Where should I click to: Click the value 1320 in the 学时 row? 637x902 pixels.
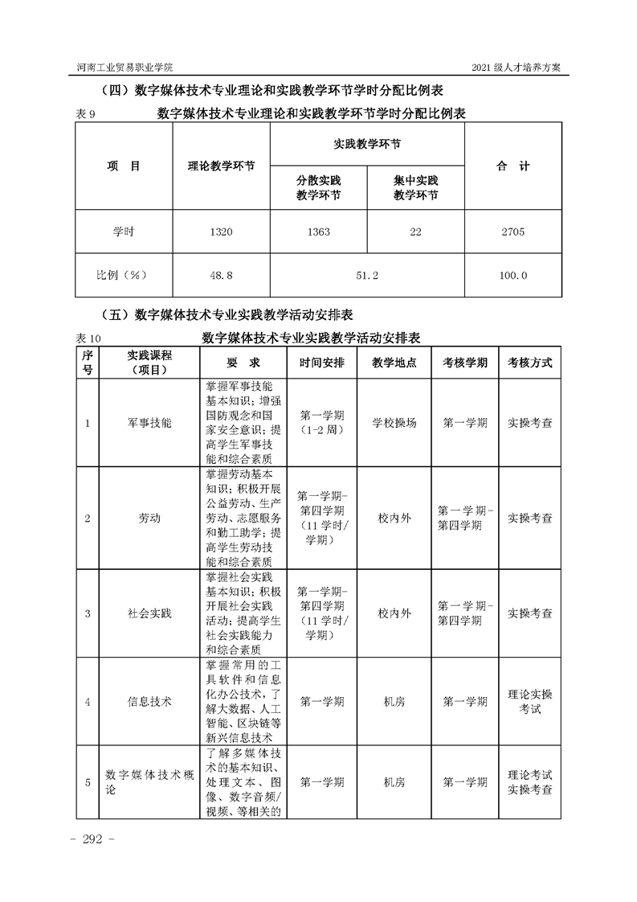tap(221, 232)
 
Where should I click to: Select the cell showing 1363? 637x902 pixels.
tap(318, 232)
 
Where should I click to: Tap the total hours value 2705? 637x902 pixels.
tap(512, 232)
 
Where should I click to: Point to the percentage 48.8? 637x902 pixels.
tap(221, 276)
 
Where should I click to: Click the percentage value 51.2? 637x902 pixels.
tap(367, 276)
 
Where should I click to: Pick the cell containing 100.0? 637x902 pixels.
tap(512, 276)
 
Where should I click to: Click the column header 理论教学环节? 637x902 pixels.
tap(221, 166)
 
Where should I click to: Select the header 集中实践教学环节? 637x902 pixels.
tap(415, 188)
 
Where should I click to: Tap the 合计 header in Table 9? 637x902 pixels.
tap(512, 166)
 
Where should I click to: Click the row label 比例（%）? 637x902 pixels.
tap(123, 276)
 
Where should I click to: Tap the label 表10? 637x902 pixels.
tap(85, 338)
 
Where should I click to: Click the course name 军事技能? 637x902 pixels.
tap(149, 423)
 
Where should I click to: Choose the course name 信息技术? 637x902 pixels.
tap(149, 701)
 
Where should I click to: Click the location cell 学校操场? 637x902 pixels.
tap(394, 423)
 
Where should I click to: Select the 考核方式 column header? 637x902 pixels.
tap(529, 363)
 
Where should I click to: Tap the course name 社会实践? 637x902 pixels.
tap(149, 613)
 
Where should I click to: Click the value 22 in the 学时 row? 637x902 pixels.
tap(415, 232)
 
